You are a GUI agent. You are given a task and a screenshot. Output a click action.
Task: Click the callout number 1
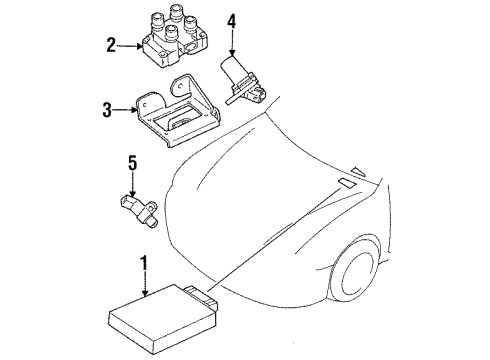coord(144,263)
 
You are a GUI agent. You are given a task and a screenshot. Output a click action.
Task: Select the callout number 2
coord(111,45)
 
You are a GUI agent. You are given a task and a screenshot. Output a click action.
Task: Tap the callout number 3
coord(107,110)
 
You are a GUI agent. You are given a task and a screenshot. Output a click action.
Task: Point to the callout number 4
coord(232,22)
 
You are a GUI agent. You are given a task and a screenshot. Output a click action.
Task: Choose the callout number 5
coord(133,164)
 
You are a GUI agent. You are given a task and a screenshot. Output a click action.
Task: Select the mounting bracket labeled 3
coord(178,112)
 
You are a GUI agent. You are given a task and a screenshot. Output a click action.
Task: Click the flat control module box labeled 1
coord(163,319)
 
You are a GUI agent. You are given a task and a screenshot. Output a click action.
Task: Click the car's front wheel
coord(354,272)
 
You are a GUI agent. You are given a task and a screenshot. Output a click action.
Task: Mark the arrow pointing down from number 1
coord(144,284)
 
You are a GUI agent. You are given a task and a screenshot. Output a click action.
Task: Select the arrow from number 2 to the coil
coord(130,46)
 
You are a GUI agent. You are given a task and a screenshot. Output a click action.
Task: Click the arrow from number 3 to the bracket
coord(125,109)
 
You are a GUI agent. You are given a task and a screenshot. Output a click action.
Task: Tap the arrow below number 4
coord(232,43)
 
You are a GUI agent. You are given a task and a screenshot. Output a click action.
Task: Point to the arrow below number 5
coord(133,184)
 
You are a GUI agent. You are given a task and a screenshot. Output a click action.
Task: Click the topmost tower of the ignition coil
coord(177,12)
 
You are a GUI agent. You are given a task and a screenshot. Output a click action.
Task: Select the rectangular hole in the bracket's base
coord(177,117)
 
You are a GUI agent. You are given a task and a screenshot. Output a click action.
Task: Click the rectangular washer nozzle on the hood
coord(347,183)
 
